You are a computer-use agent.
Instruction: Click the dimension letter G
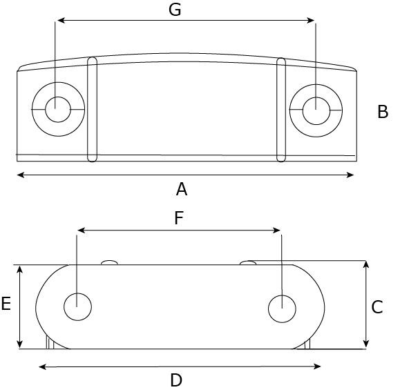point(175,10)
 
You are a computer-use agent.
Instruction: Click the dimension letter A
point(182,189)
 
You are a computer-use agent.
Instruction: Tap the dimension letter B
point(383,112)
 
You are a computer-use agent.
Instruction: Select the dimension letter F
point(179,218)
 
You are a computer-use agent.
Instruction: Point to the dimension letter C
point(377,307)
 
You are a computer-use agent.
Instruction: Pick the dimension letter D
point(176,380)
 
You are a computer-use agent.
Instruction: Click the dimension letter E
point(6,304)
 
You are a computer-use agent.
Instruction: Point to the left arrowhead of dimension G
point(61,21)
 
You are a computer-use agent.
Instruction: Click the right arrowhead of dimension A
point(350,175)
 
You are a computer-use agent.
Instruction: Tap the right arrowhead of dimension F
point(276,231)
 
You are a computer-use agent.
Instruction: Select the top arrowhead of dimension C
point(366,264)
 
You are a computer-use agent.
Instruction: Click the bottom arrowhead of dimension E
point(20,344)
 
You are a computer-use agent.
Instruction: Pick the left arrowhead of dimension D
point(43,366)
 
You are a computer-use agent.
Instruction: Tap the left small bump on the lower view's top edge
point(109,262)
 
